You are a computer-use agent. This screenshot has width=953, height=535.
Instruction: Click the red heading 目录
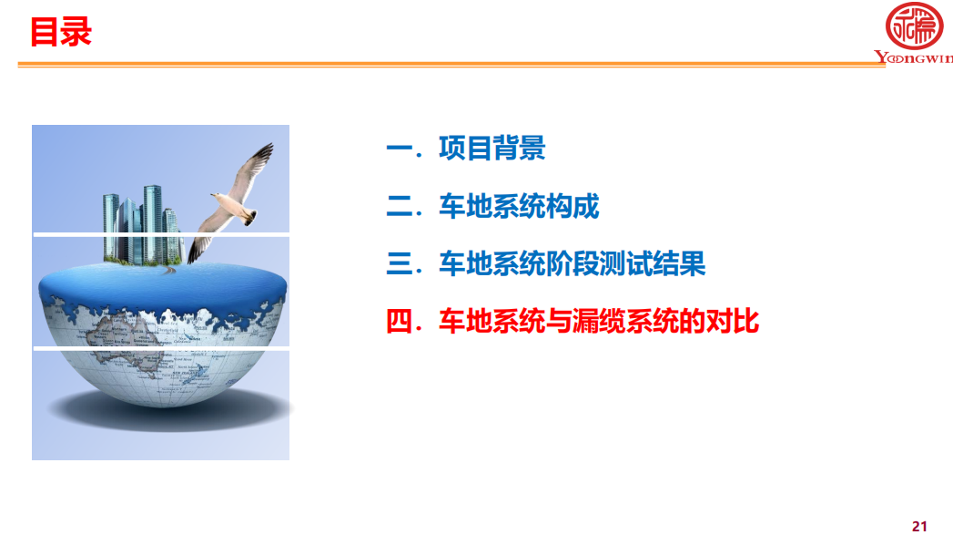click(x=61, y=32)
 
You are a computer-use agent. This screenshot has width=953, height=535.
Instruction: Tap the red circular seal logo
click(x=914, y=26)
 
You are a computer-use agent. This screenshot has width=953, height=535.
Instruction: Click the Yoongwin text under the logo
click(x=914, y=57)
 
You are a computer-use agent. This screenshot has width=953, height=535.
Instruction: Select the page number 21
click(x=919, y=527)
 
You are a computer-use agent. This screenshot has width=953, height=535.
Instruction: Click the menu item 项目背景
click(x=492, y=148)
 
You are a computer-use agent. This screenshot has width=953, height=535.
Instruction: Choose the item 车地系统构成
click(x=519, y=206)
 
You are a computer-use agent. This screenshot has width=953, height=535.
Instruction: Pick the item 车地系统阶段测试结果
click(x=572, y=263)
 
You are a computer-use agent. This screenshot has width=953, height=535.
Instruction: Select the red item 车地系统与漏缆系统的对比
click(x=599, y=322)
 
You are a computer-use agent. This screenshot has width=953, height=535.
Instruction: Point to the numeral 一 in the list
click(x=400, y=148)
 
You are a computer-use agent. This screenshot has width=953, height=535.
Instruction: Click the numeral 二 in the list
click(x=400, y=206)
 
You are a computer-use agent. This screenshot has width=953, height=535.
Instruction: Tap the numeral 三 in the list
click(x=400, y=263)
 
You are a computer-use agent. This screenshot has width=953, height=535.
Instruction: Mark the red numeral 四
click(x=400, y=322)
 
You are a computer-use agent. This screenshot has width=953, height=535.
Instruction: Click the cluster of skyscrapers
click(x=143, y=225)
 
